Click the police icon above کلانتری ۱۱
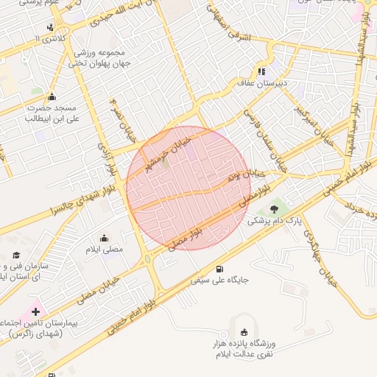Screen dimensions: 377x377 50,27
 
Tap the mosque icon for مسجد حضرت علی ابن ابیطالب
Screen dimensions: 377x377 51,96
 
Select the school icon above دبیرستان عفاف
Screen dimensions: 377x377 261,71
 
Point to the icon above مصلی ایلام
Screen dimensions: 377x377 103,238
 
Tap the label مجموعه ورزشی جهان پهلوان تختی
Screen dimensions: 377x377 102,59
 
